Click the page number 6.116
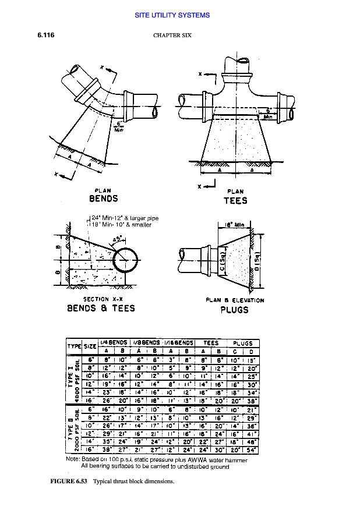[x=46, y=35]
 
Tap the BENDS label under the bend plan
[x=104, y=199]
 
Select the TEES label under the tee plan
[x=235, y=200]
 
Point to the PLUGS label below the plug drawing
[x=234, y=310]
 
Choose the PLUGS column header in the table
[x=243, y=343]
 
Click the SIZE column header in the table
[x=90, y=346]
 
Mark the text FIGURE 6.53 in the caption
[x=69, y=481]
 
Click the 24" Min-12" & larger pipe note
[x=124, y=218]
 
